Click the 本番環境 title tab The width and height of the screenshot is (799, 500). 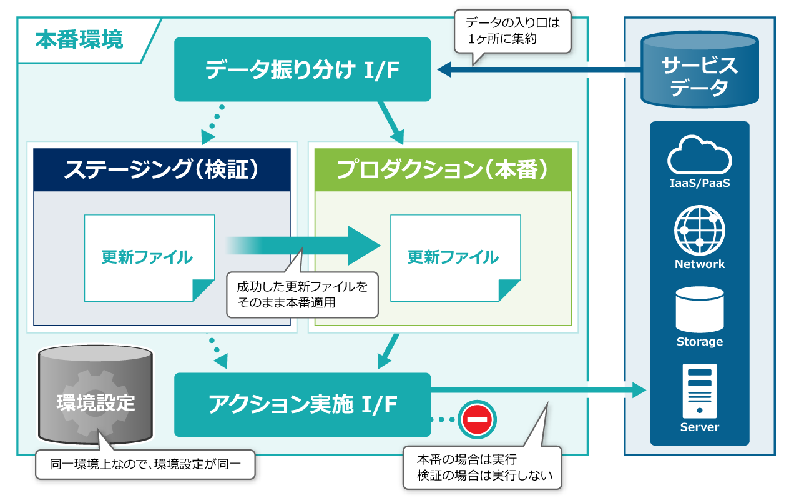pyautogui.click(x=80, y=40)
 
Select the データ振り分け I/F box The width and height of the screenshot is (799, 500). pyautogui.click(x=302, y=69)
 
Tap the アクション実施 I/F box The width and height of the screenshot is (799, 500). pyautogui.click(x=302, y=405)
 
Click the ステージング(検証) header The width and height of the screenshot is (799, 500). pyautogui.click(x=162, y=169)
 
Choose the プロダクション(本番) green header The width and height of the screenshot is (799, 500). pyautogui.click(x=442, y=169)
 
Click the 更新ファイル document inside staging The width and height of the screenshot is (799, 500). pyautogui.click(x=149, y=257)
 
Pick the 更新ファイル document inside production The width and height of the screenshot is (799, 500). pyautogui.click(x=454, y=257)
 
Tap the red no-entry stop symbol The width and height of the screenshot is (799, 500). pyautogui.click(x=477, y=419)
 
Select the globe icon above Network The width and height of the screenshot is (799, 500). pyautogui.click(x=699, y=231)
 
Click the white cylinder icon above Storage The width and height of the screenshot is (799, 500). pyautogui.click(x=699, y=310)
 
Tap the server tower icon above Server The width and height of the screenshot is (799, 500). pyautogui.click(x=699, y=391)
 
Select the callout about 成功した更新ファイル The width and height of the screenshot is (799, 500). pyautogui.click(x=303, y=295)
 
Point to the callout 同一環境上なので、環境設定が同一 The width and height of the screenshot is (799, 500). pyautogui.click(x=145, y=464)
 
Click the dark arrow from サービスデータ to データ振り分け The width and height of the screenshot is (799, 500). pyautogui.click(x=537, y=69)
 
